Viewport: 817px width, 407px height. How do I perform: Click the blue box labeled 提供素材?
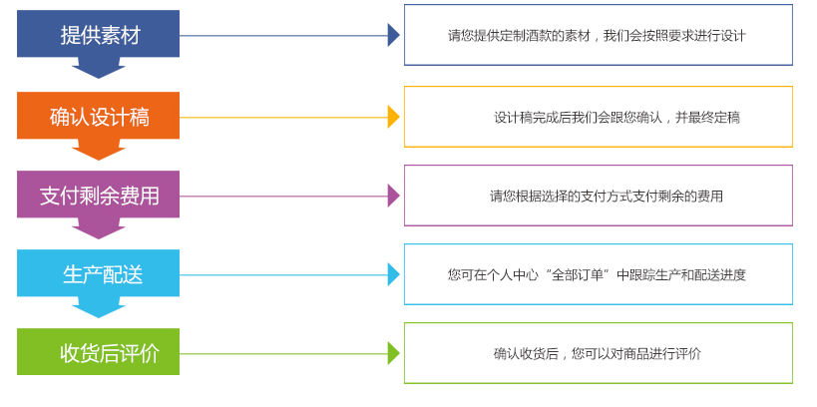98,35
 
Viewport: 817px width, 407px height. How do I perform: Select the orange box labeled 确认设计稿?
98,116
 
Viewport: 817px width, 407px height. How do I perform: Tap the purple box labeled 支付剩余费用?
98,195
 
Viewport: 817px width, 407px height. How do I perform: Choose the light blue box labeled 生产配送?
98,273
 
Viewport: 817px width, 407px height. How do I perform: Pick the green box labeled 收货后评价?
98,352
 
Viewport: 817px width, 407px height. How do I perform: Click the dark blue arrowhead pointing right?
393,36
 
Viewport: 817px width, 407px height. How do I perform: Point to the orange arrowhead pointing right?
393,117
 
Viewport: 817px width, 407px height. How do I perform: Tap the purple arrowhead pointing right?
393,196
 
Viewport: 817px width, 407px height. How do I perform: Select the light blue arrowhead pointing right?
393,274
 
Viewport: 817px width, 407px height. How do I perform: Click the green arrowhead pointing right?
393,353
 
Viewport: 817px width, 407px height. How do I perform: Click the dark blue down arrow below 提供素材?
99,68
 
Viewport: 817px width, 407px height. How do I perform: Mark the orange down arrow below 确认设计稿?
99,149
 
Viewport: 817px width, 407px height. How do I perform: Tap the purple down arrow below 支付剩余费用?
99,228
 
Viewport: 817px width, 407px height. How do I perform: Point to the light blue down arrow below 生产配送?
99,307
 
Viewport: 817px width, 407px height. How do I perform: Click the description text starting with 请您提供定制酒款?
597,36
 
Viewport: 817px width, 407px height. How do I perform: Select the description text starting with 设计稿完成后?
616,117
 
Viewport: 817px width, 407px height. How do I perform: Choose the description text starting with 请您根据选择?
607,196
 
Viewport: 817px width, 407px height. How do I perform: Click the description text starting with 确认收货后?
597,353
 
